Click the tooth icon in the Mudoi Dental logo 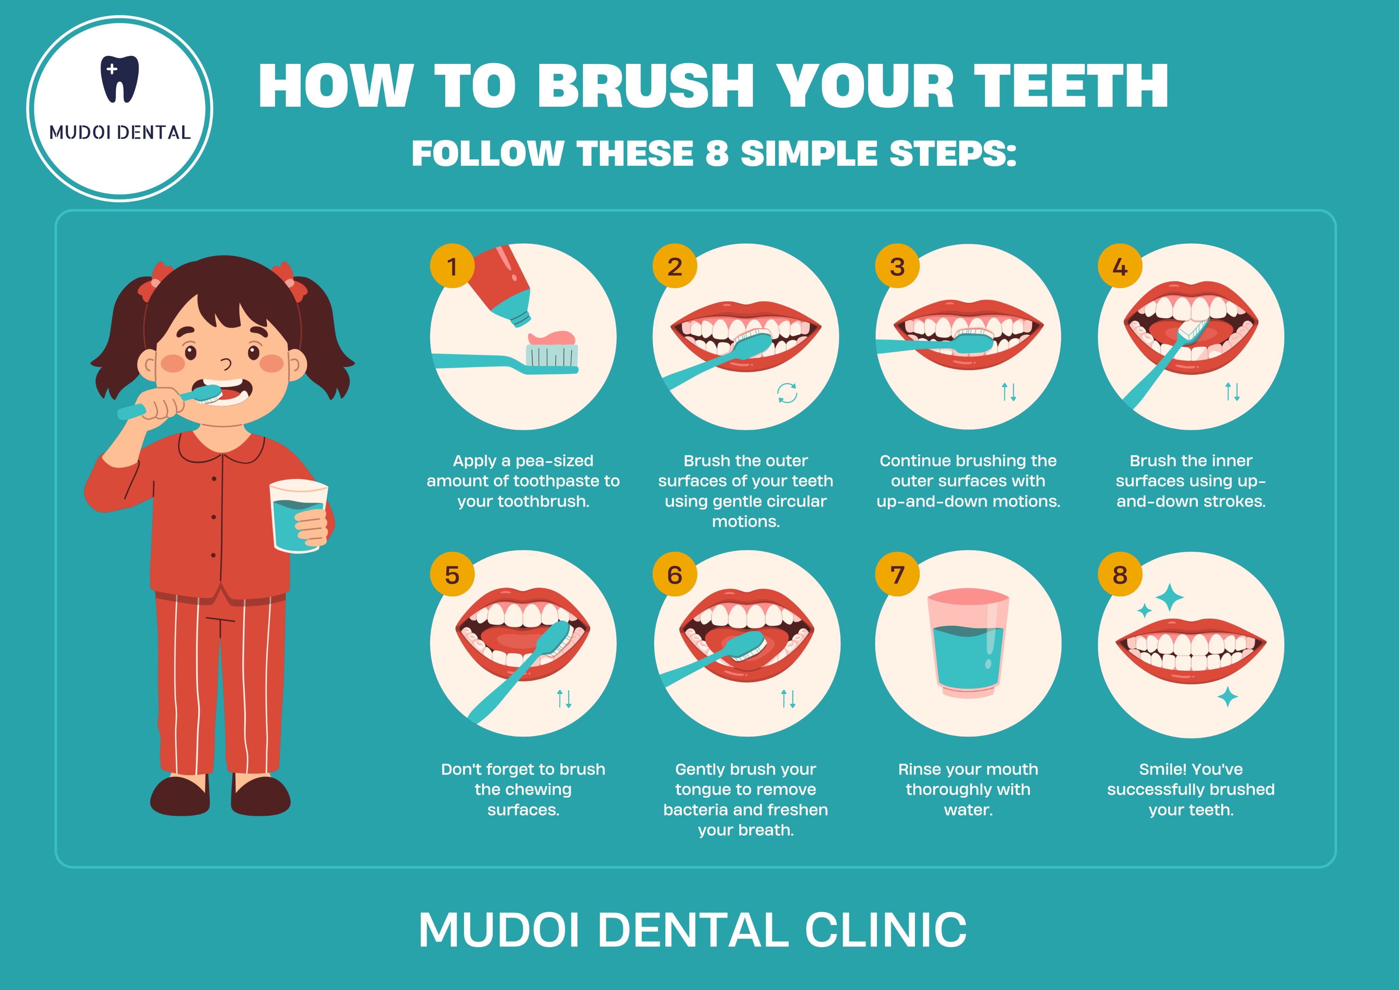[120, 79]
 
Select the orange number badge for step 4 [1120, 266]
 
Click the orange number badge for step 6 [675, 575]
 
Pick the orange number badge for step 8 [1120, 575]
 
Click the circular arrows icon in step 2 [787, 393]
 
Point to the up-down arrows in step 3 [1009, 392]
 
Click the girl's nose [227, 365]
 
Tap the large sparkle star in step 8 [1170, 597]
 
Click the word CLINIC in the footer [885, 930]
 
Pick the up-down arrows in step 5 [564, 699]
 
